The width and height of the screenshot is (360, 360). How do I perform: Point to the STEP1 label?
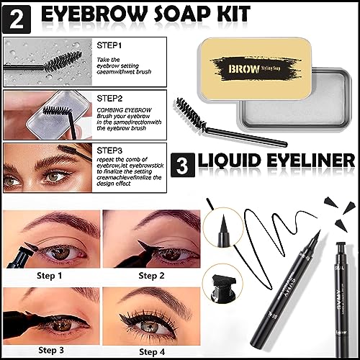[109, 46]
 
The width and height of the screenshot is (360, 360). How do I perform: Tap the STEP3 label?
[109, 150]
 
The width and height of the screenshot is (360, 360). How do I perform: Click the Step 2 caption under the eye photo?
[153, 274]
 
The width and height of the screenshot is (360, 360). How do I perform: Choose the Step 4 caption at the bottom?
[153, 351]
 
